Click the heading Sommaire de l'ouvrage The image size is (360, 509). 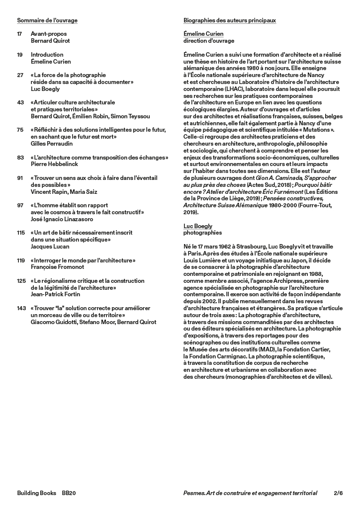pyautogui.click(x=47, y=20)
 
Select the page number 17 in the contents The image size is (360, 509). pyautogui.click(x=20, y=34)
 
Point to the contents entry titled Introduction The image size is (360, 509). pyautogui.click(x=47, y=55)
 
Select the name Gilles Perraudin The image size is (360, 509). pyautogui.click(x=53, y=144)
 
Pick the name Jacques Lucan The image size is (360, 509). pyautogui.click(x=50, y=246)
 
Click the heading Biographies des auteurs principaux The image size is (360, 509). pyautogui.click(x=230, y=20)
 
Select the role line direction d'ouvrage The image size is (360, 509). pyautogui.click(x=209, y=41)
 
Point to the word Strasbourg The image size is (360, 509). pyautogui.click(x=238, y=247)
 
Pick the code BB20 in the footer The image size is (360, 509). pyautogui.click(x=69, y=493)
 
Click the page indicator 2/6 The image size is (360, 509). pyautogui.click(x=338, y=493)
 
